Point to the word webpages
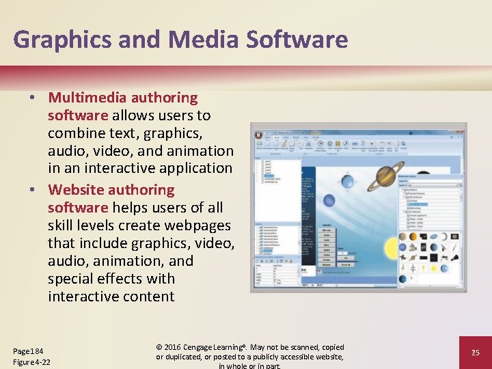pyautogui.click(x=198, y=225)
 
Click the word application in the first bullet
pyautogui.click(x=192, y=168)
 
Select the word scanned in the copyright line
pyautogui.click(x=304, y=347)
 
